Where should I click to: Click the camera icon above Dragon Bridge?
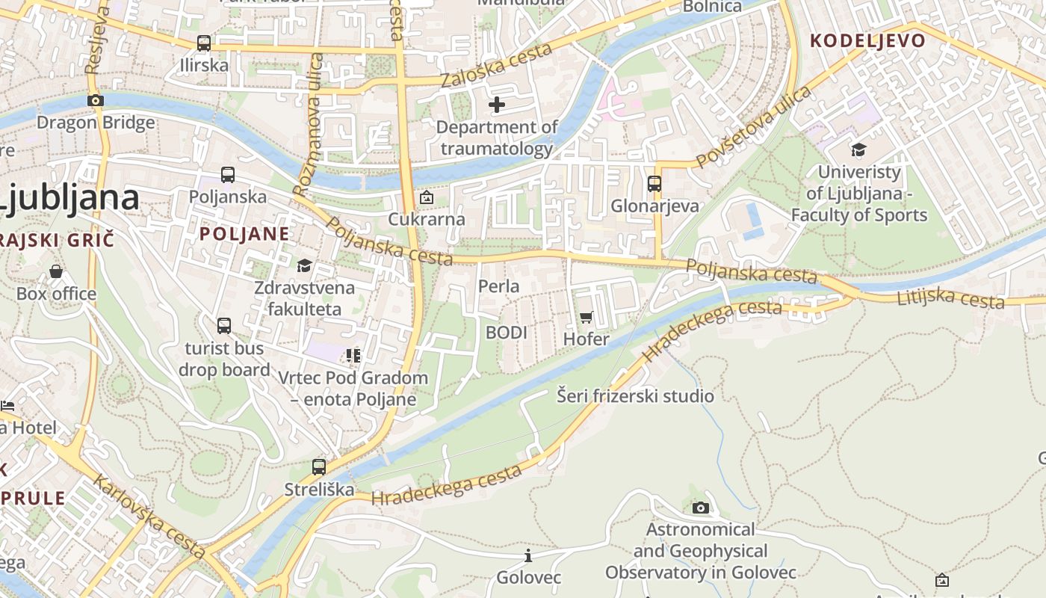pos(95,100)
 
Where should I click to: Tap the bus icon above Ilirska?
pos(204,43)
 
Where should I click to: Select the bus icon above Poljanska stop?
pos(228,175)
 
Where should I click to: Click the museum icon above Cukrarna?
pos(426,197)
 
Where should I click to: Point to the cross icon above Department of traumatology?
pos(497,105)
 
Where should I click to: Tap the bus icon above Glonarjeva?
pos(654,184)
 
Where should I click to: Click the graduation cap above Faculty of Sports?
pos(858,150)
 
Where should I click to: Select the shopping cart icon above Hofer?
pos(587,318)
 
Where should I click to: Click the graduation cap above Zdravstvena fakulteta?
pos(304,265)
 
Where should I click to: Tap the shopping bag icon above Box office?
pos(56,271)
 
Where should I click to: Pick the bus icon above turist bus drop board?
pos(224,326)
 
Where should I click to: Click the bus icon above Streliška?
pos(319,467)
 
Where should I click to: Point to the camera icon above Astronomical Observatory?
pos(700,508)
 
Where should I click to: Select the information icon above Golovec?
pos(528,555)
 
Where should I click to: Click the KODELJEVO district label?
pos(867,40)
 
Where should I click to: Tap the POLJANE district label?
pos(244,233)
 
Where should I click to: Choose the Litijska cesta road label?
pos(950,298)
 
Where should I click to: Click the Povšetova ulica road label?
pos(752,127)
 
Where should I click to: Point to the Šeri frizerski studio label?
pos(635,395)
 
